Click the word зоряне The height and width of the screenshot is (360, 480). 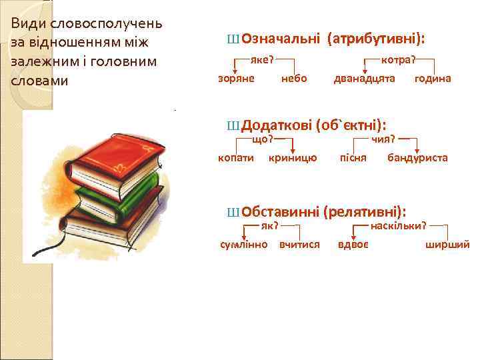(x=237, y=79)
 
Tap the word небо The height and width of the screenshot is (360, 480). (x=295, y=79)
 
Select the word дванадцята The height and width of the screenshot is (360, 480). (x=365, y=79)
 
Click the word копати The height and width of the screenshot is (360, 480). (x=236, y=158)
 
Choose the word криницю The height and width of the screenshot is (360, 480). (x=293, y=158)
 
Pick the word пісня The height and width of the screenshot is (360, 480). (x=353, y=158)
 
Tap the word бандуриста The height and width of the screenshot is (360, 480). (x=417, y=158)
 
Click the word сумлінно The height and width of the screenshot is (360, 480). (x=244, y=244)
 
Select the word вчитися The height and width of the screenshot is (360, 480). (x=300, y=244)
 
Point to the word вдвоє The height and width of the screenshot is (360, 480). (x=353, y=244)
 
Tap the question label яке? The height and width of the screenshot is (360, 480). (x=263, y=59)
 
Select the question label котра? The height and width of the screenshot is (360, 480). (x=398, y=59)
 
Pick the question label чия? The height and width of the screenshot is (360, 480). (x=384, y=139)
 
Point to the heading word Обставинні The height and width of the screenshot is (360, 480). (x=280, y=212)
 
